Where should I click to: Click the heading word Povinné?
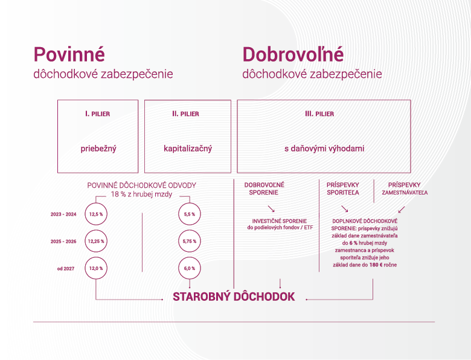(x=69, y=54)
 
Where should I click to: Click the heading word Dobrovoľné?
(x=293, y=54)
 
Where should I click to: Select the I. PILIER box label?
(x=98, y=114)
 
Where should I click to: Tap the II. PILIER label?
(x=185, y=114)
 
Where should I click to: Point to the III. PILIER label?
(x=319, y=114)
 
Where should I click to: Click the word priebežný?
(x=98, y=149)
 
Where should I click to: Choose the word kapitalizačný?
(x=188, y=149)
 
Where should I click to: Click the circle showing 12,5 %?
(x=96, y=214)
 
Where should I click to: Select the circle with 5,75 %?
(x=190, y=241)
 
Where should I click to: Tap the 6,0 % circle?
(x=190, y=268)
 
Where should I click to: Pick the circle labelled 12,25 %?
(x=96, y=241)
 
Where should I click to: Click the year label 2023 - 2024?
(x=63, y=214)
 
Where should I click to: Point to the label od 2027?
(x=66, y=269)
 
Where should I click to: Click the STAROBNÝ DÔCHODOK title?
(x=234, y=297)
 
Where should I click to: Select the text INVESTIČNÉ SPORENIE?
(x=280, y=221)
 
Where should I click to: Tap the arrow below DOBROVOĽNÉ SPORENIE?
(x=271, y=209)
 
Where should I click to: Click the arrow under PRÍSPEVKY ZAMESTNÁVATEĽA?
(x=402, y=209)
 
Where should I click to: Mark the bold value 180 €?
(x=376, y=265)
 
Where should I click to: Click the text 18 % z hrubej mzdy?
(x=141, y=194)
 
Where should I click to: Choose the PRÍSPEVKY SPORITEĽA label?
(x=343, y=188)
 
